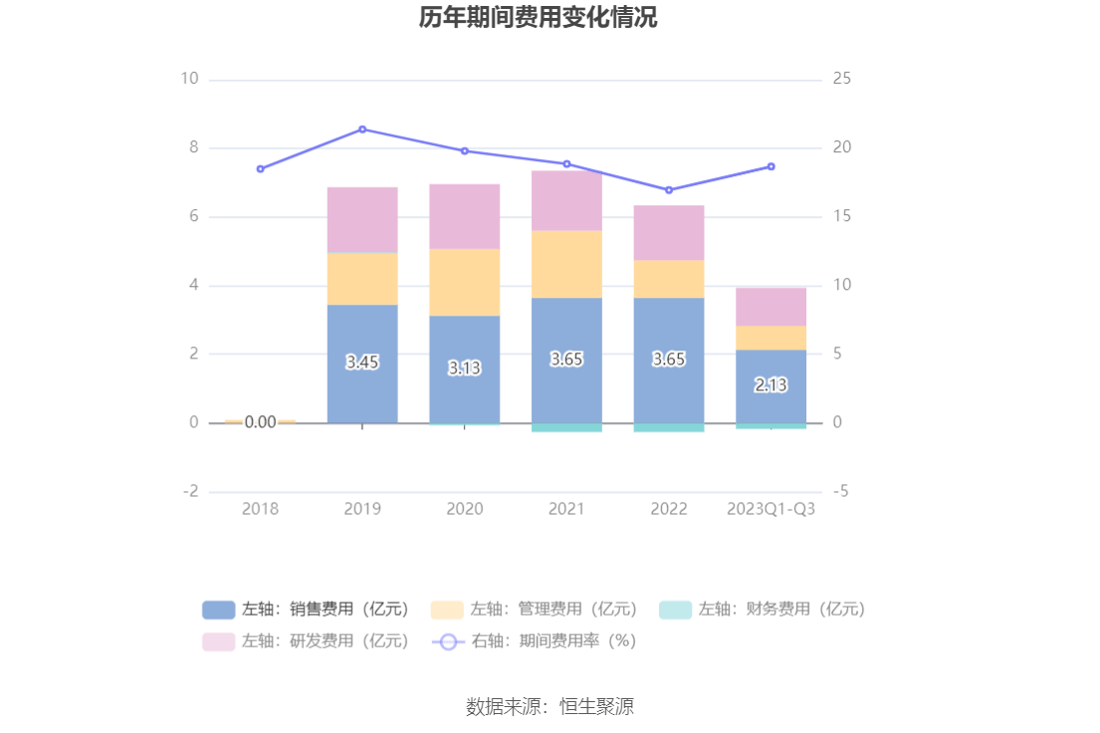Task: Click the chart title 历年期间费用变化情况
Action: point(538,18)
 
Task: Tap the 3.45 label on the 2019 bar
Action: point(362,363)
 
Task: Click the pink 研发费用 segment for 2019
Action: point(362,220)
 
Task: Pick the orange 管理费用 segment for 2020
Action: point(465,282)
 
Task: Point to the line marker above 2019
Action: point(362,129)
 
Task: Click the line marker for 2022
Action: point(669,190)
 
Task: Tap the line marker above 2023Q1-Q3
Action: point(770,166)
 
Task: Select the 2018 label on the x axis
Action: point(261,509)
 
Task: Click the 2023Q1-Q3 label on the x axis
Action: point(770,509)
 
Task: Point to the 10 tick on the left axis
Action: point(189,79)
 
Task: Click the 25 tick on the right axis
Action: point(842,79)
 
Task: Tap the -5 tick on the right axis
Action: point(841,491)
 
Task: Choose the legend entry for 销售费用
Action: point(305,610)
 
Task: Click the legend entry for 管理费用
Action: point(534,610)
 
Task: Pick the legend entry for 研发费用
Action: point(305,641)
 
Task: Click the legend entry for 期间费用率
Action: point(534,641)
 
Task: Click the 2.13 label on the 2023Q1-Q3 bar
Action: point(770,385)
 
